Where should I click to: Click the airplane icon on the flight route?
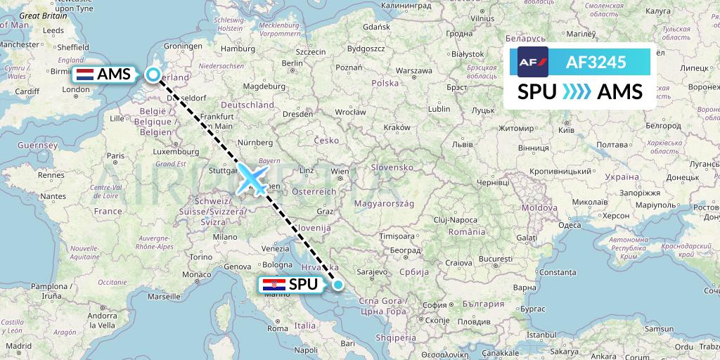click(252, 179)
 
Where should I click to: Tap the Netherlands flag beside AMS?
click(86, 75)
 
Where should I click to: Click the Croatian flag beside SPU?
click(273, 285)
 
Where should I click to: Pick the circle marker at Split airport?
click(338, 285)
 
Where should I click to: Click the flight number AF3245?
click(596, 62)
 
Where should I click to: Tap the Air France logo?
click(532, 62)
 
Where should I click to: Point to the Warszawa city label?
click(413, 71)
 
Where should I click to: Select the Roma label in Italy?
click(278, 328)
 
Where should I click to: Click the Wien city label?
click(340, 171)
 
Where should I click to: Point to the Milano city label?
click(226, 238)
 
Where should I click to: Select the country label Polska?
click(385, 83)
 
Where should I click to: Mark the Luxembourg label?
click(177, 150)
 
